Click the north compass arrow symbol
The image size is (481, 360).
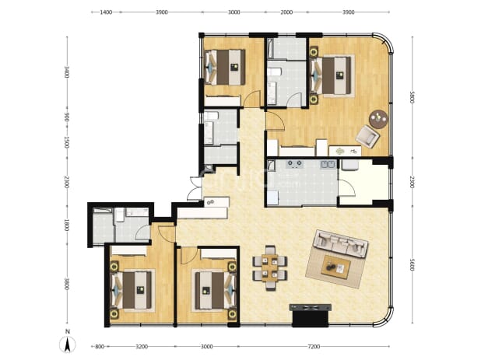67,344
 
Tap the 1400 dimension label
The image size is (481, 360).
106,12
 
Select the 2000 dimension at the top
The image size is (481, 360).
286,12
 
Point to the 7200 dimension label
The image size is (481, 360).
314,347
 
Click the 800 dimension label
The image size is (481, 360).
100,347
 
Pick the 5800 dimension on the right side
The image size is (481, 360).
412,97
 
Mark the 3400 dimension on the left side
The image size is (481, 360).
67,72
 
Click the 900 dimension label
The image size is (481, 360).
67,117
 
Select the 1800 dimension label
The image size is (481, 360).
67,225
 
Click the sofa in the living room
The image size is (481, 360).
340,243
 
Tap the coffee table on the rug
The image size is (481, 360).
336,267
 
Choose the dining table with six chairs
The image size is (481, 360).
269,267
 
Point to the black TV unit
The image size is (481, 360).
311,316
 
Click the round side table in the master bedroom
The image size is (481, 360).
379,119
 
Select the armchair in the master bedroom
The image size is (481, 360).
368,137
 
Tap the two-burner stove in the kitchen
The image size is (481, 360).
295,164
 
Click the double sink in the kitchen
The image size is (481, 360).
328,165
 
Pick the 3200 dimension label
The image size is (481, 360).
142,347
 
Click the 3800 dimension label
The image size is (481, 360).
67,284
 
